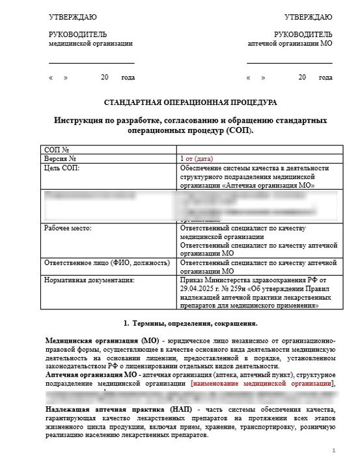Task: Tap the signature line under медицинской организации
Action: tap(91, 63)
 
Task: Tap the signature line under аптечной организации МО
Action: tap(289, 63)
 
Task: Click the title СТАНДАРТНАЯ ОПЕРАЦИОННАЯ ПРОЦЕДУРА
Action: tap(189, 103)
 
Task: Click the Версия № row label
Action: tap(61, 158)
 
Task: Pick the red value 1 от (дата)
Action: tap(196, 158)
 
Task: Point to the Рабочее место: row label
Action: tap(68, 229)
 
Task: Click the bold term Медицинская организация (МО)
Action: tap(92, 341)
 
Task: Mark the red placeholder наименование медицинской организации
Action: tap(263, 384)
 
